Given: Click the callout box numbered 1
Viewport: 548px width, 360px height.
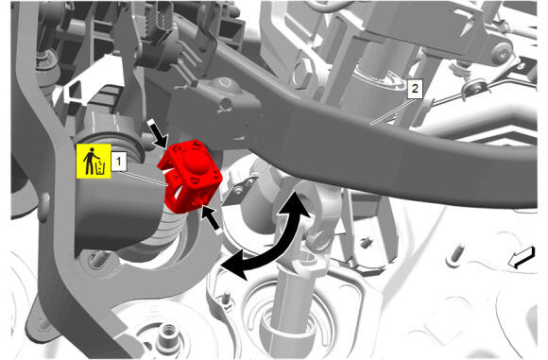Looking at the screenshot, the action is tap(118, 162).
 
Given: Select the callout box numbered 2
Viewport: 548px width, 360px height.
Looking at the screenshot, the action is tap(415, 89).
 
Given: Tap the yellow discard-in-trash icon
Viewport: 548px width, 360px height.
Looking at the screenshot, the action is tap(94, 161).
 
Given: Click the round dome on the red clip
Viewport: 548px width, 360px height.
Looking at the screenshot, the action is tap(194, 161).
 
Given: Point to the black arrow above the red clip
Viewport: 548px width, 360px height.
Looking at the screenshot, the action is tap(158, 134).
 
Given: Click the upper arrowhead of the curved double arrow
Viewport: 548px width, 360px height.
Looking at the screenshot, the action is tap(297, 205).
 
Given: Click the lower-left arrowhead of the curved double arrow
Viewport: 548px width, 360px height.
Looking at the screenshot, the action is tap(233, 267).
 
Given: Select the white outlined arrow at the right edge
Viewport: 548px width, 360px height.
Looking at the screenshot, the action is tap(522, 258).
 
